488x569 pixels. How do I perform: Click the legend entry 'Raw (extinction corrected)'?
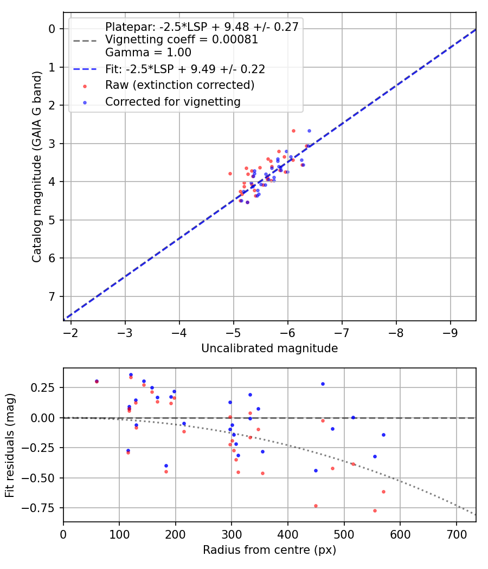coord(179,85)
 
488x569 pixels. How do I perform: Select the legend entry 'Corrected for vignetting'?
coord(173,101)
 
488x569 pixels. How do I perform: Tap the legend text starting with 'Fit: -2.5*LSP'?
coord(185,69)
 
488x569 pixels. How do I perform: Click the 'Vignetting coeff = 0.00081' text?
coord(182,40)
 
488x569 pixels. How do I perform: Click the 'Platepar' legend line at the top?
coord(202,27)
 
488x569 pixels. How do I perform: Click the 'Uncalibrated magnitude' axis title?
coord(269,348)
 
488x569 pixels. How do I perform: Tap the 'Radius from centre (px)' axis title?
coord(269,550)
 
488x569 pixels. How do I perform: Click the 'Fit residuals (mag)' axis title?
coord(10,445)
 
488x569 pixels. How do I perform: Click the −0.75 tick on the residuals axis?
coord(43,508)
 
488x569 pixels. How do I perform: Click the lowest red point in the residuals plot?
coord(375,510)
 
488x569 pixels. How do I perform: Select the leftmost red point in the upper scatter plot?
coord(230,173)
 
